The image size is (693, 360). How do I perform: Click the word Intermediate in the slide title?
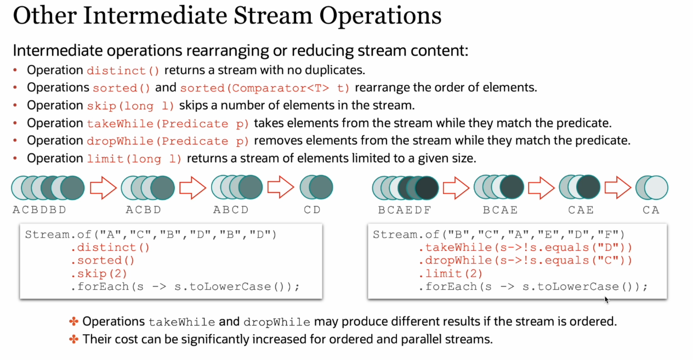(155, 15)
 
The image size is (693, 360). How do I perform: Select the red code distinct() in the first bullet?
(123, 71)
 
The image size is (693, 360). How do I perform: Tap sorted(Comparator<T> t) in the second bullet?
(265, 88)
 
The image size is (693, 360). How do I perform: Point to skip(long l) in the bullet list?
(130, 106)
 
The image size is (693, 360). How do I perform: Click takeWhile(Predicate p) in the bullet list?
(168, 124)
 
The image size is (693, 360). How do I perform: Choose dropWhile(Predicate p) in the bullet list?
(168, 141)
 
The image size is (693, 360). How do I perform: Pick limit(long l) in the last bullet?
(134, 159)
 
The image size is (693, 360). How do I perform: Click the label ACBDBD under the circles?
(39, 210)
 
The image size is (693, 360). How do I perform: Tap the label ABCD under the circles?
(231, 210)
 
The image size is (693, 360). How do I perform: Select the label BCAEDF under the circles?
(405, 210)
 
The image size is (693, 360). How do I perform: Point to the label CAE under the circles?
(581, 210)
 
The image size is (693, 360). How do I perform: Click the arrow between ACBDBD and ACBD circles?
(103, 188)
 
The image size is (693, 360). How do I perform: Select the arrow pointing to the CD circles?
(281, 187)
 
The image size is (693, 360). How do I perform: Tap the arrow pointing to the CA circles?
(618, 187)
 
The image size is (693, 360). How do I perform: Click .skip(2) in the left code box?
(99, 274)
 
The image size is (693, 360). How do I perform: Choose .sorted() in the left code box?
(103, 260)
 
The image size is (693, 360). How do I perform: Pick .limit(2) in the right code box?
(451, 274)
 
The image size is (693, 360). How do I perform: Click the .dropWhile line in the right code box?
(525, 260)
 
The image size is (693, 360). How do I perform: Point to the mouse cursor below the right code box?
(606, 300)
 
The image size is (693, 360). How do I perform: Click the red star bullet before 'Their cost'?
(73, 339)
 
